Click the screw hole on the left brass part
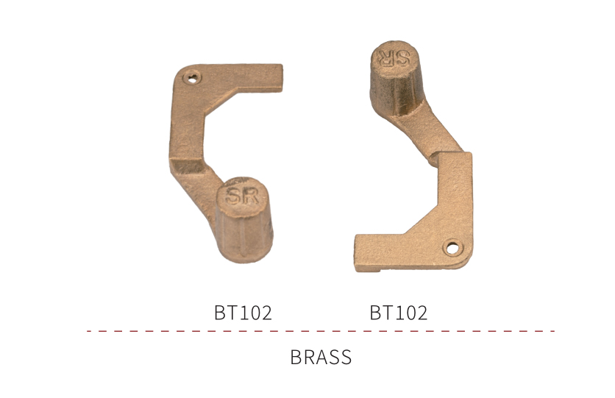tap(192, 78)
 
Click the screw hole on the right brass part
tap(452, 248)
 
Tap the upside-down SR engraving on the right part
tap(394, 57)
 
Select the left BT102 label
tap(243, 313)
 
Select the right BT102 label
tap(399, 313)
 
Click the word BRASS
tap(321, 357)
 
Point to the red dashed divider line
tap(321, 331)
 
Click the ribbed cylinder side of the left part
tap(244, 237)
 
